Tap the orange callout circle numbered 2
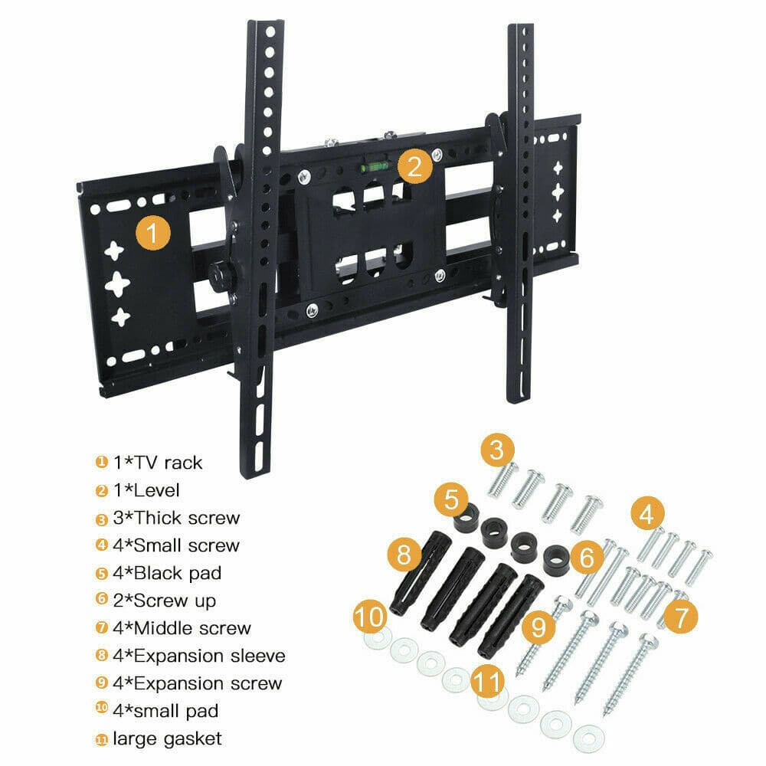click(x=414, y=165)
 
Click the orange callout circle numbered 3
click(x=497, y=450)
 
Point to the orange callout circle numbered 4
click(x=647, y=513)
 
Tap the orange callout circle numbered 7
click(x=680, y=614)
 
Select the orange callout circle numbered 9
click(x=540, y=627)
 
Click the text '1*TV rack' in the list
click(x=158, y=463)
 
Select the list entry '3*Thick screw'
click(x=176, y=518)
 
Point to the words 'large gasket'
click(x=167, y=738)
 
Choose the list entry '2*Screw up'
click(x=164, y=601)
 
